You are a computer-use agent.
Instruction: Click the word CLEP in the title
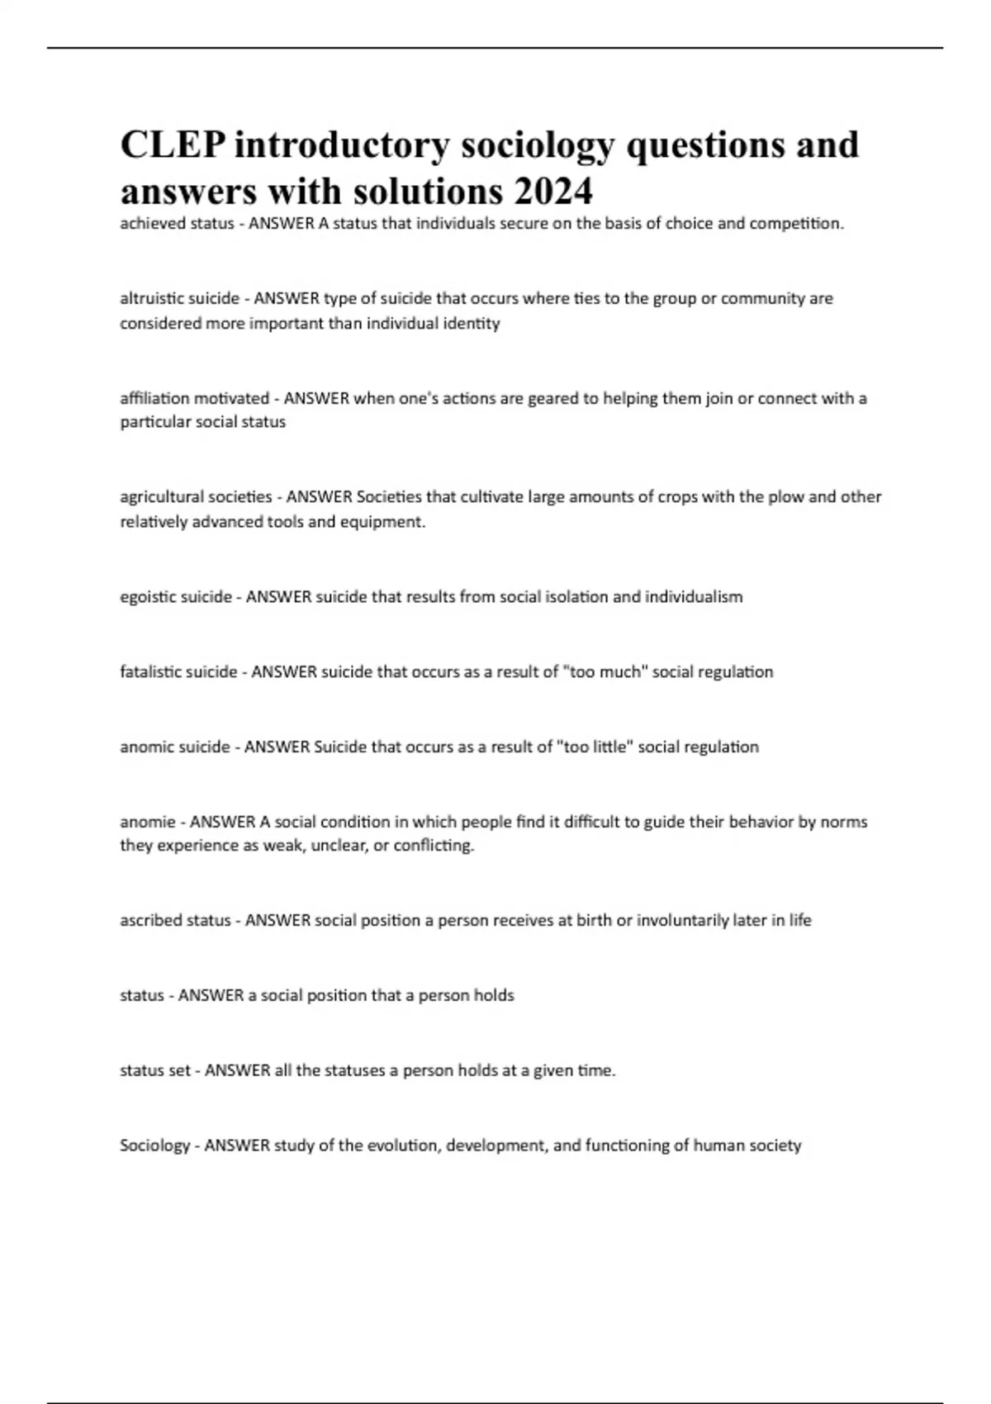(x=173, y=145)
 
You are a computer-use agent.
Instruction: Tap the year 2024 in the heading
(x=553, y=192)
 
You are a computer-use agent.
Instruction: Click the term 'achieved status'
(x=177, y=223)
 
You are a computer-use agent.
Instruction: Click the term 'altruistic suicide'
(x=179, y=298)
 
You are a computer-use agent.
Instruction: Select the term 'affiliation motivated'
(x=194, y=398)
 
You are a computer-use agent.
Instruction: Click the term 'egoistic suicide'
(x=176, y=596)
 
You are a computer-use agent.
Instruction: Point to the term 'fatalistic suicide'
(x=178, y=671)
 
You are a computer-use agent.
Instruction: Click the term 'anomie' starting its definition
(x=147, y=822)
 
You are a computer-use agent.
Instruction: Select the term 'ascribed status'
(x=175, y=920)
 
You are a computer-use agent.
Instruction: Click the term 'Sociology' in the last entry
(x=155, y=1145)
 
